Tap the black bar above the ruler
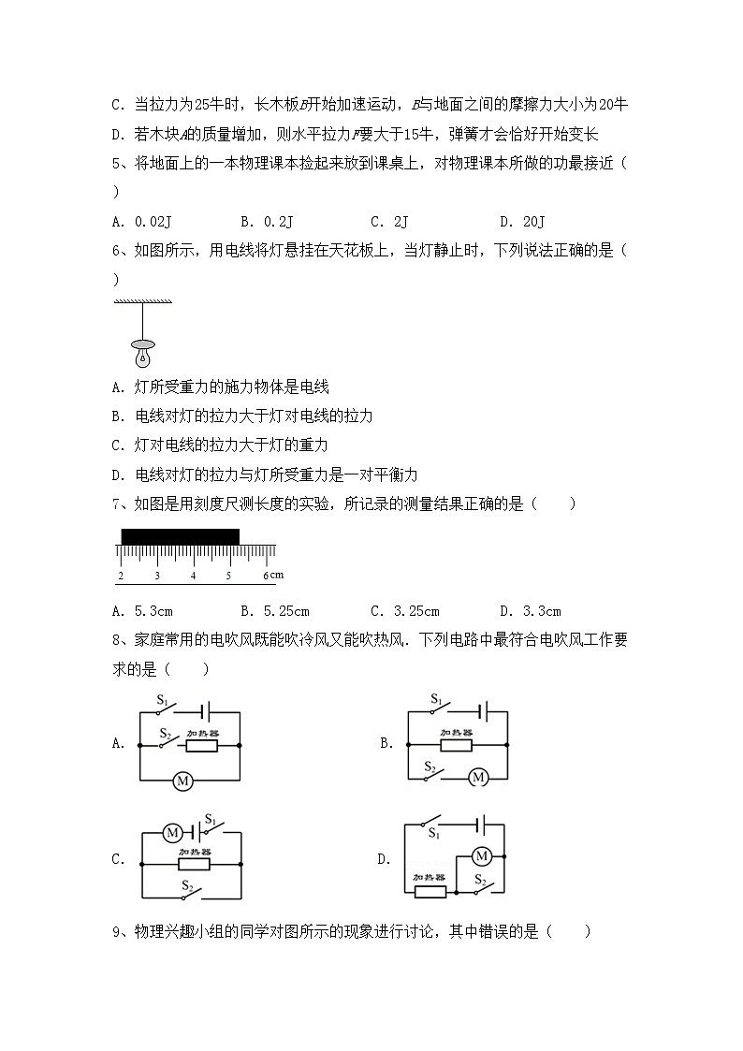(180, 536)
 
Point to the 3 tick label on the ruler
(156, 576)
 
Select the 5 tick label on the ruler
(228, 576)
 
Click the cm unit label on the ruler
(277, 575)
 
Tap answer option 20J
(532, 221)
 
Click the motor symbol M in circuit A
(183, 781)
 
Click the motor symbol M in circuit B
(478, 777)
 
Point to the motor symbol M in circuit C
(171, 831)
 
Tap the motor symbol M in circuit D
(482, 855)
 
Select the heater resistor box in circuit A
(201, 746)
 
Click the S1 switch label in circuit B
(436, 699)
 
